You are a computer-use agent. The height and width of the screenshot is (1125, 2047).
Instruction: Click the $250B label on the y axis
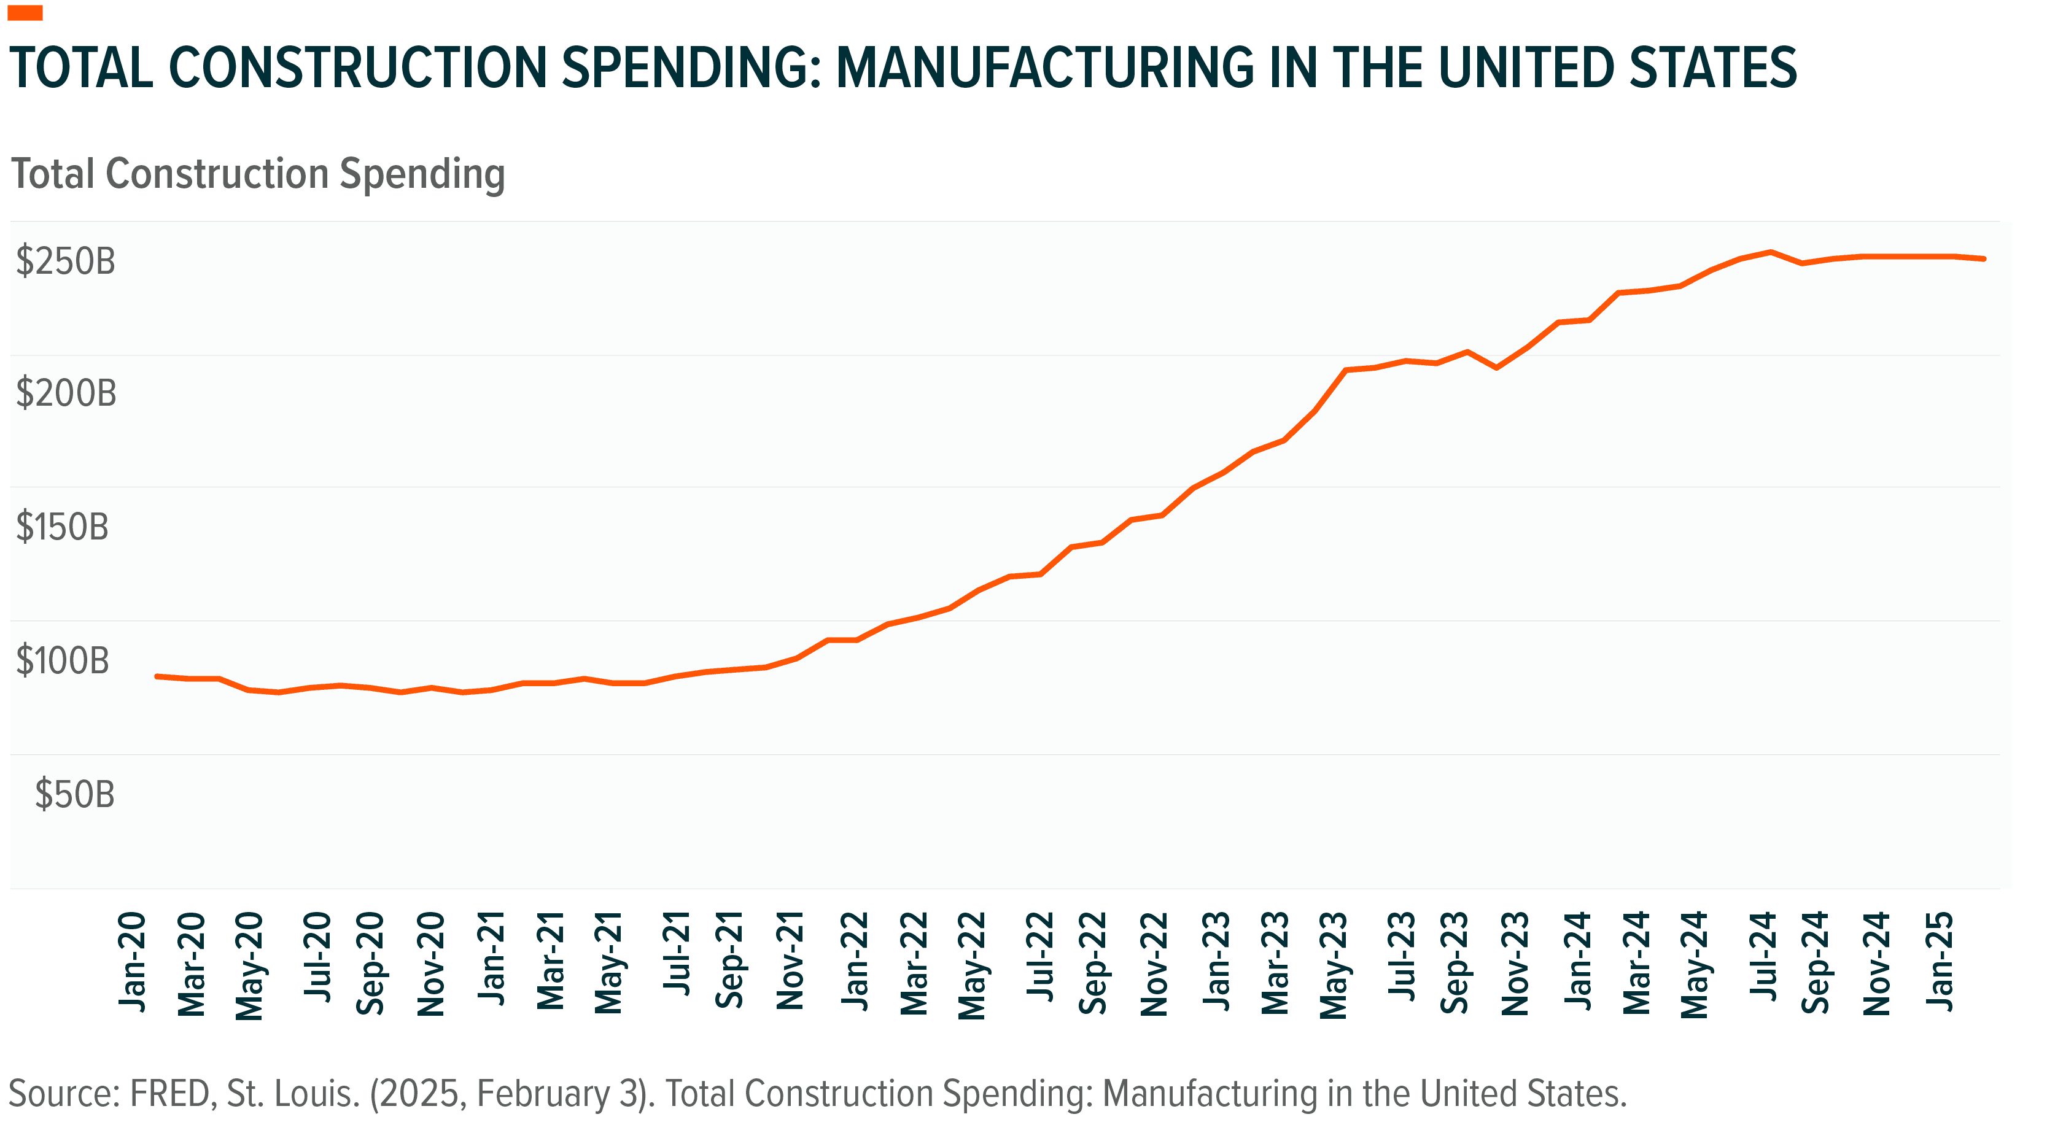pyautogui.click(x=65, y=261)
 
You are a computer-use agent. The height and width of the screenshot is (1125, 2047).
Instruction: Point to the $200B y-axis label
pyautogui.click(x=66, y=393)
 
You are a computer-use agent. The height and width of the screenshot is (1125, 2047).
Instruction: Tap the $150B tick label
pyautogui.click(x=62, y=527)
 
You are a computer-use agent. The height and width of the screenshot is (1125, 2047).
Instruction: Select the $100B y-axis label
pyautogui.click(x=62, y=660)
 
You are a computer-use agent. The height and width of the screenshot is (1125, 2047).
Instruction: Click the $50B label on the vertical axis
pyautogui.click(x=75, y=794)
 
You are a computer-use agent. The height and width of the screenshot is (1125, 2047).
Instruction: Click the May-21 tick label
pyautogui.click(x=610, y=963)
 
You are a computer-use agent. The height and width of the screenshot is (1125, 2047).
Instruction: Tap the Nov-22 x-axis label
pyautogui.click(x=1155, y=963)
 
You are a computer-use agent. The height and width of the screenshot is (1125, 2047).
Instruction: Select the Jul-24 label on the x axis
pyautogui.click(x=1763, y=957)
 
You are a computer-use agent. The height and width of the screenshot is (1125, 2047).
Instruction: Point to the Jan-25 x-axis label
pyautogui.click(x=1940, y=961)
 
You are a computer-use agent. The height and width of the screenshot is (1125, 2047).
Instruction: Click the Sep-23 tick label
pyautogui.click(x=1455, y=963)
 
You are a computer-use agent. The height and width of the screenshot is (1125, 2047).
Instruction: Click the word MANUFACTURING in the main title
pyautogui.click(x=1043, y=68)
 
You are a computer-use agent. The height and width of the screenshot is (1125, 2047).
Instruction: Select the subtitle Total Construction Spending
pyautogui.click(x=257, y=174)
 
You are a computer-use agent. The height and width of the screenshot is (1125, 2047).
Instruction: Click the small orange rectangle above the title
pyautogui.click(x=25, y=13)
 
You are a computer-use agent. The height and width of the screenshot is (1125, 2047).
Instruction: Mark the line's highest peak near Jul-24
pyautogui.click(x=1771, y=252)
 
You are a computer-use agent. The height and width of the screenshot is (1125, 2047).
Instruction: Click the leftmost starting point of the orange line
pyautogui.click(x=157, y=676)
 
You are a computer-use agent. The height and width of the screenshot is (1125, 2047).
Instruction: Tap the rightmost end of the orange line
pyautogui.click(x=1983, y=258)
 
